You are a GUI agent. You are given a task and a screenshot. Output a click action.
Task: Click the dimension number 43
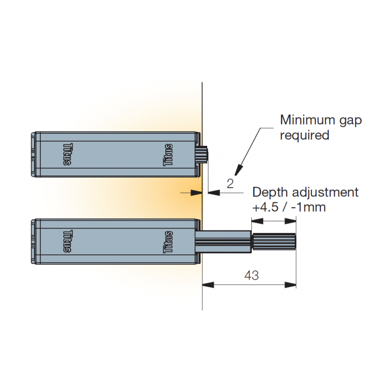pos(251,276)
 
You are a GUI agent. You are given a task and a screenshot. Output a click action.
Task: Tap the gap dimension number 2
pos(230,183)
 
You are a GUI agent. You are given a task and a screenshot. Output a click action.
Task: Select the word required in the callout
pos(304,135)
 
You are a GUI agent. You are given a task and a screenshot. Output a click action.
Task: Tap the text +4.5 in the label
pos(265,207)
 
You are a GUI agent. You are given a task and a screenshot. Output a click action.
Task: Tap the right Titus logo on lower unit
pos(168,242)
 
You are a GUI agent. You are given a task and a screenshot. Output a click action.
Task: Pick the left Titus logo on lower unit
pos(68,242)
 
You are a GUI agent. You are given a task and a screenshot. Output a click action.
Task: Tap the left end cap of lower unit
pos(35,242)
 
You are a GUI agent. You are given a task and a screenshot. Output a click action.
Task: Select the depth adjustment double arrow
pos(273,221)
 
